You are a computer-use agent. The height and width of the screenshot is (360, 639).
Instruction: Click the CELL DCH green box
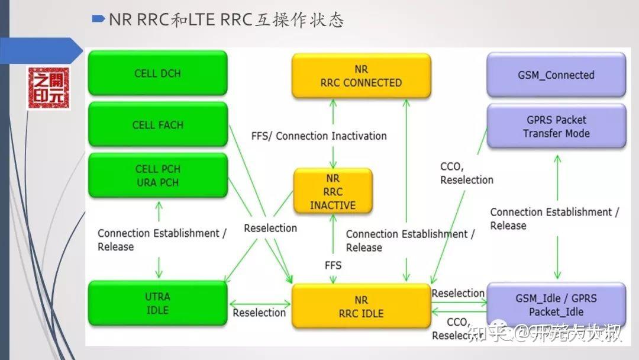click(157, 73)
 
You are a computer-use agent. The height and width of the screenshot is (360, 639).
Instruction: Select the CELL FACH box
click(157, 124)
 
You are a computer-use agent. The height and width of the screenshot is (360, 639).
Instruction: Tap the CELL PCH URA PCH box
click(157, 176)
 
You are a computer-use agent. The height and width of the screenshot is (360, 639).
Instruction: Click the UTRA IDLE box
click(157, 303)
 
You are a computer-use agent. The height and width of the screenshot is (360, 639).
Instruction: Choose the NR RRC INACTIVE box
click(333, 192)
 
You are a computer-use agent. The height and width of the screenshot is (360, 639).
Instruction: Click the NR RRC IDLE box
click(361, 307)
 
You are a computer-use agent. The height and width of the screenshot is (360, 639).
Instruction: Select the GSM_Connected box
click(556, 75)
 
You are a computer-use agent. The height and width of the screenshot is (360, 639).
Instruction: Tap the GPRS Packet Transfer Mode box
click(556, 126)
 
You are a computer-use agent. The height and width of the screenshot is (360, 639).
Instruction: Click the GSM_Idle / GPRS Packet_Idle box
click(556, 305)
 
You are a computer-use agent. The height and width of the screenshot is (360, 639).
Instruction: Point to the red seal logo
click(48, 88)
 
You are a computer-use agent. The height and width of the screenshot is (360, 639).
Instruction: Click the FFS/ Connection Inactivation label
click(319, 136)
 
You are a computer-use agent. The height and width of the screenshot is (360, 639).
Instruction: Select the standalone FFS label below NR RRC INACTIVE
click(333, 265)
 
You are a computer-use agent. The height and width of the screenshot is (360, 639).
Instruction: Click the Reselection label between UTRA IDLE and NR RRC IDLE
click(259, 312)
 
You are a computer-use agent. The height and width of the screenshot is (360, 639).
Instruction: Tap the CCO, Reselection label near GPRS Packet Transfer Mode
click(466, 173)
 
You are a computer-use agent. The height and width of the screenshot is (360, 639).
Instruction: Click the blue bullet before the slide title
click(99, 19)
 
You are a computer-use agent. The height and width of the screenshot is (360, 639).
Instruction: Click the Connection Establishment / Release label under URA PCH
click(162, 239)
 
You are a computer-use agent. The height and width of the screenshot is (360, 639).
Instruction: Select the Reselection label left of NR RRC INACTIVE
click(270, 227)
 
